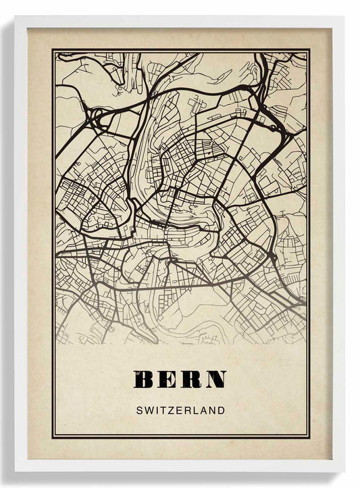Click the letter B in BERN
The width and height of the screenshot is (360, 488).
[x=144, y=380]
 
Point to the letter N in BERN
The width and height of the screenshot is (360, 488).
[x=215, y=380]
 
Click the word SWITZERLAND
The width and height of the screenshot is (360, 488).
[x=180, y=410]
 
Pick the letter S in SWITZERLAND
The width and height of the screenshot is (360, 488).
[x=138, y=410]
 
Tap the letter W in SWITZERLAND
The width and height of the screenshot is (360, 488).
[x=148, y=410]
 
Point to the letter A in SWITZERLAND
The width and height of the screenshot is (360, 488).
[x=204, y=410]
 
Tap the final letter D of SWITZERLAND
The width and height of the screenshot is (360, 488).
[x=222, y=410]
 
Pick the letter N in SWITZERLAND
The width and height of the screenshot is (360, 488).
[x=213, y=410]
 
